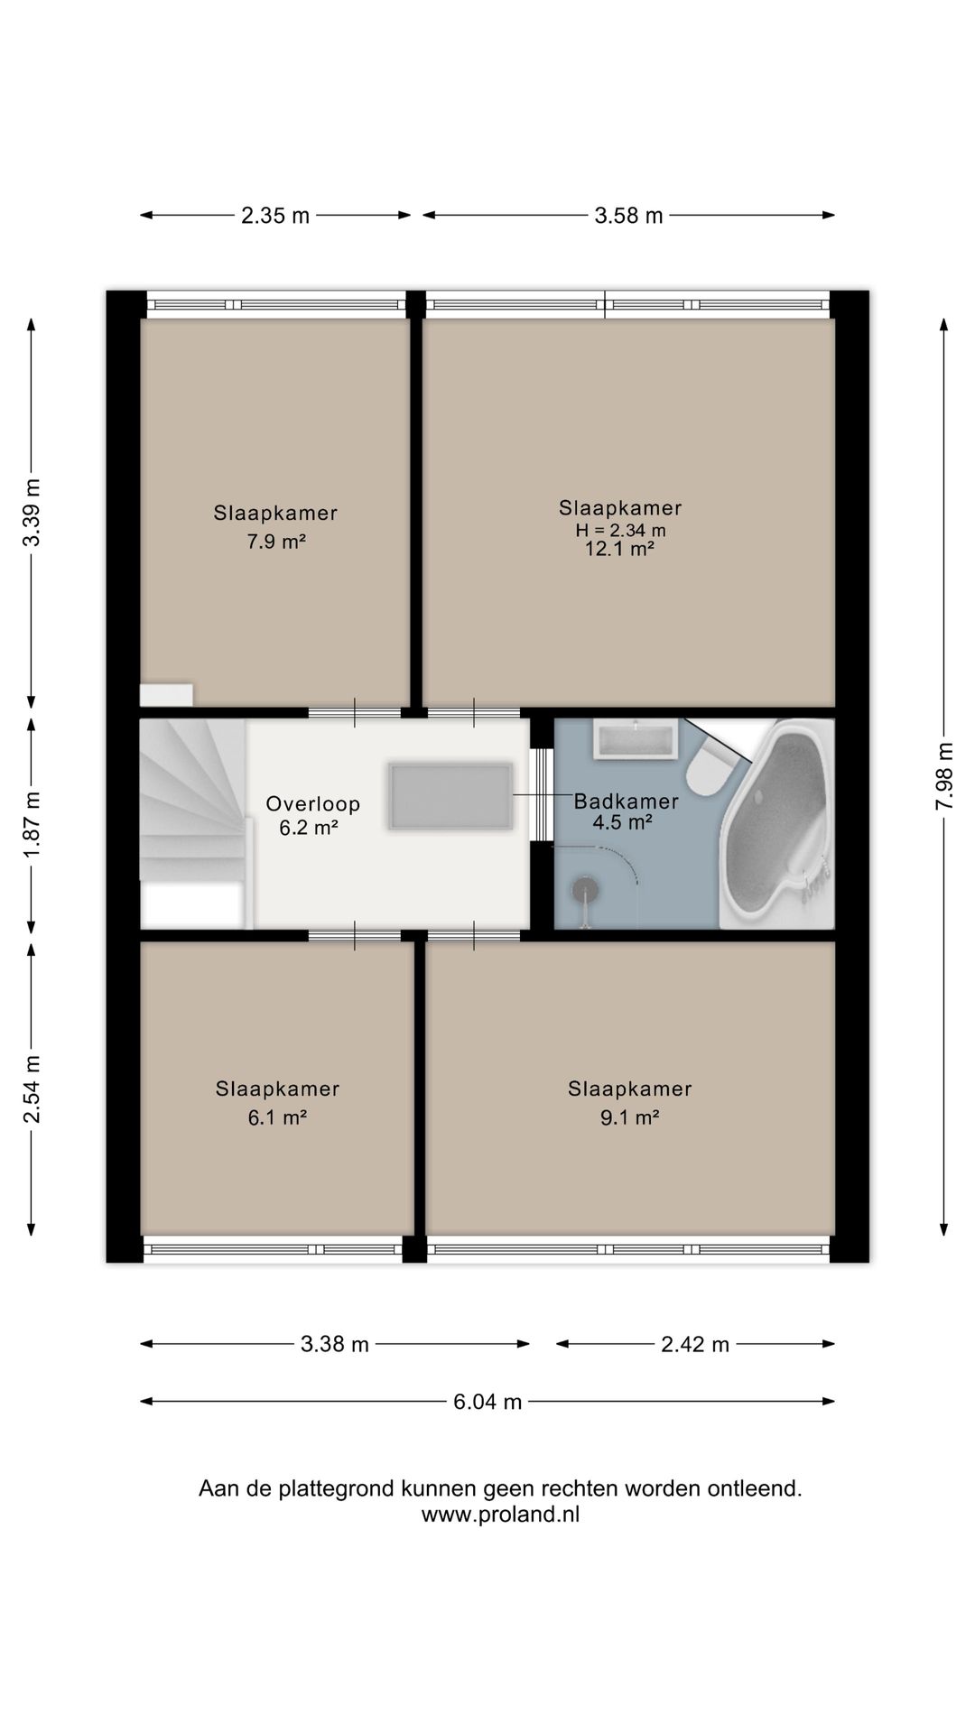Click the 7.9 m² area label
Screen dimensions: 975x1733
tap(276, 542)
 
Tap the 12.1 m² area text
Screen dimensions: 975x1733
tap(619, 549)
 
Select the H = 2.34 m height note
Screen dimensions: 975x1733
tap(621, 531)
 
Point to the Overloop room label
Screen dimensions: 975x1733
tap(313, 803)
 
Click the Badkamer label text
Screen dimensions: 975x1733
tap(627, 801)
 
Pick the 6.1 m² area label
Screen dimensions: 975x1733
tap(277, 1117)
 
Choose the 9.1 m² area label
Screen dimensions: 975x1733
tap(629, 1117)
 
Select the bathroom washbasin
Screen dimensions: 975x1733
tap(636, 738)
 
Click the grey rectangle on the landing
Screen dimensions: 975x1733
tap(450, 796)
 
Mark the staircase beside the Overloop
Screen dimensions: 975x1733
tap(193, 823)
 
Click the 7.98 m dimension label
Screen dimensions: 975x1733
tap(944, 776)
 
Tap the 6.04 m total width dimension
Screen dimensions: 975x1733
tap(487, 1402)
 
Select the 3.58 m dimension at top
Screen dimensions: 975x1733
tap(629, 216)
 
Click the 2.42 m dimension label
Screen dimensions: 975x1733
tap(695, 1345)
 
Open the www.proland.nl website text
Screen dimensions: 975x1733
tap(500, 1515)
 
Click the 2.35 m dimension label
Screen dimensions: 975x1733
tap(275, 216)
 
